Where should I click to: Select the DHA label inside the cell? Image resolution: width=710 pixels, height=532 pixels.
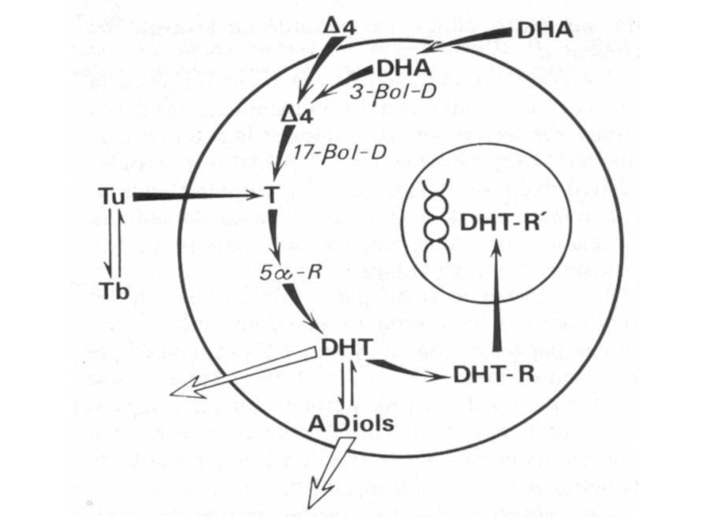(404, 67)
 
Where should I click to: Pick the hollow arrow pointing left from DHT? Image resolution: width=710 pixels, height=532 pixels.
(240, 372)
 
